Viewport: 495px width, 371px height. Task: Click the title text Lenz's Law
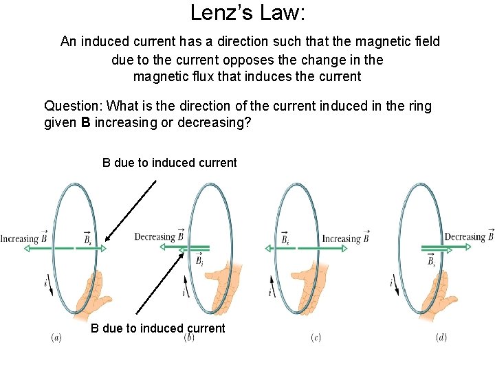pos(247,12)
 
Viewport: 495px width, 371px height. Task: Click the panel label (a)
pos(56,337)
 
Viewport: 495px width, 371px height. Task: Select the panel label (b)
pos(188,337)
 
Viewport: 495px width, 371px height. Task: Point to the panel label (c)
pos(316,337)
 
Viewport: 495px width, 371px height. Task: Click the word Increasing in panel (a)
pos(19,239)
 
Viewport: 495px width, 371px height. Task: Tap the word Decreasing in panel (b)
pos(155,237)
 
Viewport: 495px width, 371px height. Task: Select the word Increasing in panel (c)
pos(341,239)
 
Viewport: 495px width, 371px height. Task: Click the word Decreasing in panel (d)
pos(465,237)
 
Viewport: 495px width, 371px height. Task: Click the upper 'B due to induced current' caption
pos(169,163)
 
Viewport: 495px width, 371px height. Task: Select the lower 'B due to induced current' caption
pos(158,328)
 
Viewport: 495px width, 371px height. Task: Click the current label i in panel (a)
pos(46,281)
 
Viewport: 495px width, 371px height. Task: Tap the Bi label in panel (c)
pos(285,238)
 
